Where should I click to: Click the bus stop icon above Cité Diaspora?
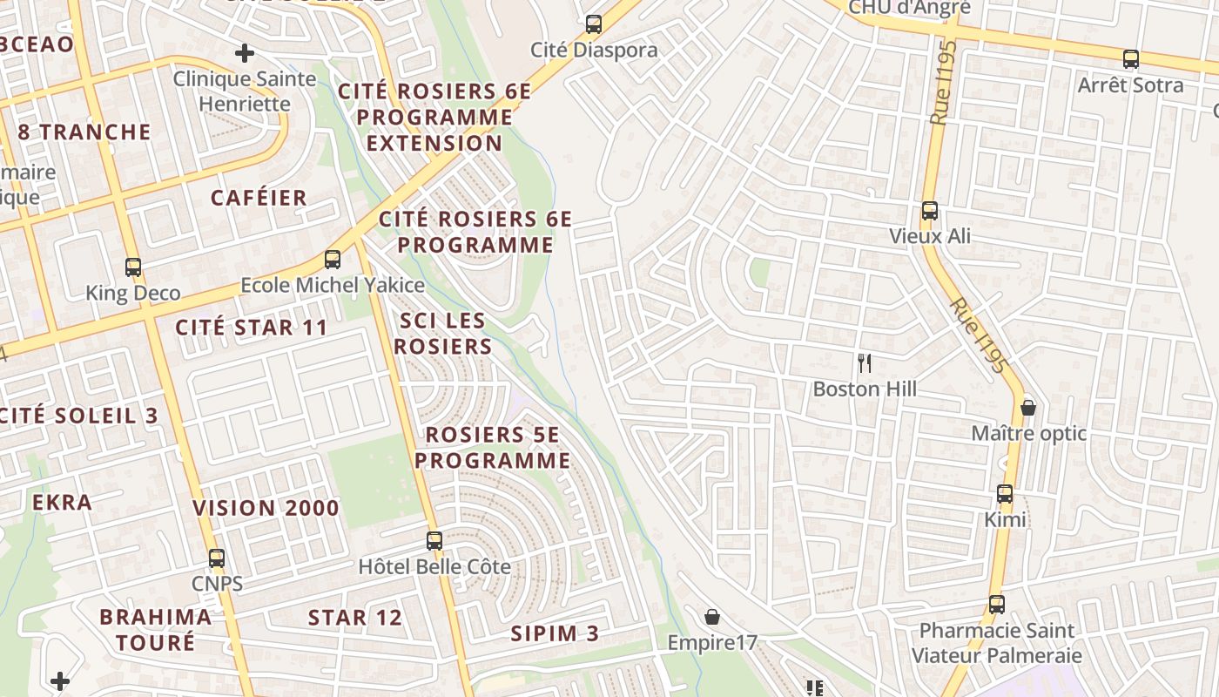pyautogui.click(x=594, y=24)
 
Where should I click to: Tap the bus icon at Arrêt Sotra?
pyautogui.click(x=1131, y=59)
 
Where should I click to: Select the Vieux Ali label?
pyautogui.click(x=930, y=236)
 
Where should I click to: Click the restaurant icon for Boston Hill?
pyautogui.click(x=865, y=363)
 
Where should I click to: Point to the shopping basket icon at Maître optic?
pyautogui.click(x=1028, y=408)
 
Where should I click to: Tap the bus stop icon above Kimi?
pyautogui.click(x=1005, y=494)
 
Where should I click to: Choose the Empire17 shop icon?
pyautogui.click(x=712, y=617)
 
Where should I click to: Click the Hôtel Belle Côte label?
pyautogui.click(x=434, y=566)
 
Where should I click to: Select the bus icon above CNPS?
pyautogui.click(x=217, y=558)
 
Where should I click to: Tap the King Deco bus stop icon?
pyautogui.click(x=133, y=267)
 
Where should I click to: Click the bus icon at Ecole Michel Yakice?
pyautogui.click(x=333, y=259)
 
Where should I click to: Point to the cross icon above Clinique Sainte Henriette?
pyautogui.click(x=245, y=53)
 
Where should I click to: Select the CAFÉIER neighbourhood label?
pyautogui.click(x=259, y=198)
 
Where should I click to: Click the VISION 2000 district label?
pyautogui.click(x=266, y=508)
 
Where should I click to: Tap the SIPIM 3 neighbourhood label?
pyautogui.click(x=555, y=633)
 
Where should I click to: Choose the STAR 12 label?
pyautogui.click(x=355, y=618)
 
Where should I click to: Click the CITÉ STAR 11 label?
pyautogui.click(x=252, y=328)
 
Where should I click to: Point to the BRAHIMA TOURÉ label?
pyautogui.click(x=155, y=630)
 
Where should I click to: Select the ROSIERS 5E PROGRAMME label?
pyautogui.click(x=493, y=448)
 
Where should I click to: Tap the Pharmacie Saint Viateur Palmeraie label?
pyautogui.click(x=996, y=643)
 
